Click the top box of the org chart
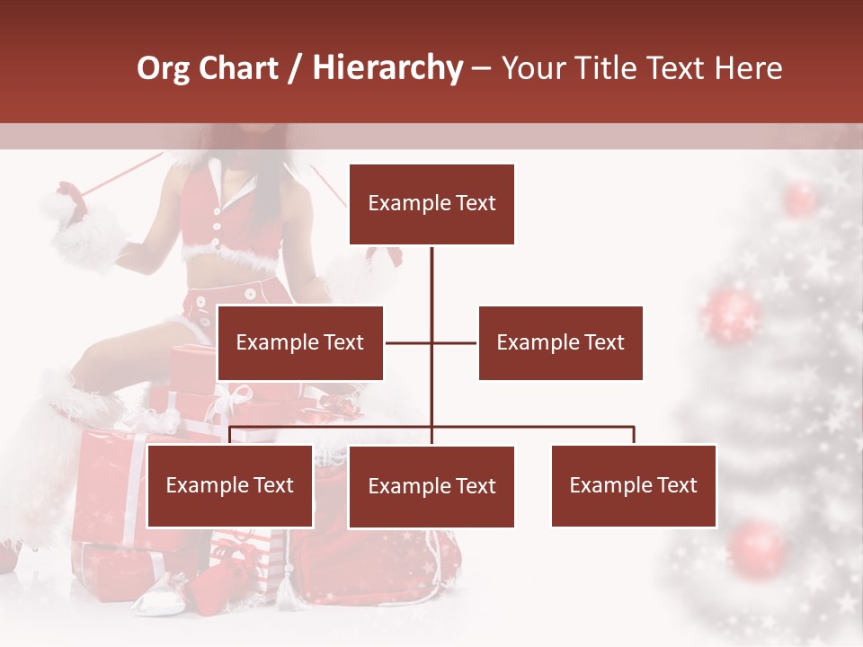(x=431, y=204)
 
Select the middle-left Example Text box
(x=299, y=342)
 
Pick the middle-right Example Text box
(x=560, y=342)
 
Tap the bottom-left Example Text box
(x=229, y=486)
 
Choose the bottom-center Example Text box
(x=431, y=487)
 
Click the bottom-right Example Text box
(x=634, y=486)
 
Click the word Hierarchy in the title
(x=387, y=67)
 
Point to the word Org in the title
(x=165, y=67)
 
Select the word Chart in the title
(x=239, y=67)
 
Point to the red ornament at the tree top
(x=798, y=198)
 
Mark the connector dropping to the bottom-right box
(x=634, y=435)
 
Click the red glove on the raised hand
(x=71, y=200)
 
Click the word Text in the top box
(x=475, y=204)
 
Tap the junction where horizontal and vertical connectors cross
(x=431, y=342)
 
